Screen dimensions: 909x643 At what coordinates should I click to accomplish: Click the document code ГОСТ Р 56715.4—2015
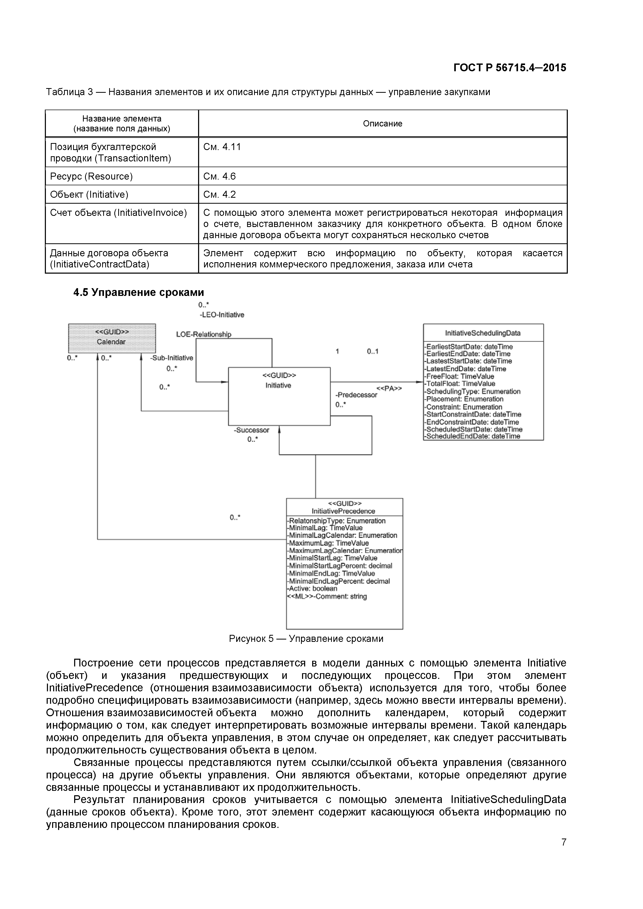[x=509, y=68]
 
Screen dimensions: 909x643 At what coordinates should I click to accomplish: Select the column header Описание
[x=382, y=124]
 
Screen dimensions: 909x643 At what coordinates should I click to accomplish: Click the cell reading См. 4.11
[x=222, y=147]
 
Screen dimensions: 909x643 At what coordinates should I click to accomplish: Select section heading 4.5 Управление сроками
[x=139, y=292]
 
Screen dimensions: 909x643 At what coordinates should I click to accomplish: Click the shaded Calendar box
[x=112, y=338]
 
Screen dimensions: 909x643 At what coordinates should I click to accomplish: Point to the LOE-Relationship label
[x=204, y=334]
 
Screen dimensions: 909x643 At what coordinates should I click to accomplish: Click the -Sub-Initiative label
[x=172, y=358]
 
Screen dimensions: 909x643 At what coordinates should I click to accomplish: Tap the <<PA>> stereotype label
[x=389, y=388]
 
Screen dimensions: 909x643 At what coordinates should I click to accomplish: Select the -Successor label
[x=251, y=430]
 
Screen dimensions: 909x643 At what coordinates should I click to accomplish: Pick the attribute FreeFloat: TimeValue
[x=460, y=376]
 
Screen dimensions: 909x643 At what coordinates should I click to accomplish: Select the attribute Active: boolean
[x=312, y=588]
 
